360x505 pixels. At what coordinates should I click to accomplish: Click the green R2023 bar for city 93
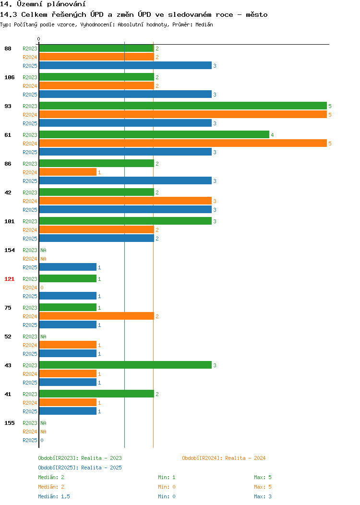pyautogui.click(x=183, y=106)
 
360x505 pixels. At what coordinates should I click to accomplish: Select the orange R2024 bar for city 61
pyautogui.click(x=183, y=144)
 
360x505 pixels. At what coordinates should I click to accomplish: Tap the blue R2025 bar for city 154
pyautogui.click(x=68, y=267)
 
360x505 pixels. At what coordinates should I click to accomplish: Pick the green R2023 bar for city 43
pyautogui.click(x=125, y=365)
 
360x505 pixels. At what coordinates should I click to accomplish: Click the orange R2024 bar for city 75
pyautogui.click(x=96, y=316)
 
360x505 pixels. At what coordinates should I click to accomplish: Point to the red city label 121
pyautogui.click(x=9, y=279)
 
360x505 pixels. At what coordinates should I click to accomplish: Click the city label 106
pyautogui.click(x=9, y=77)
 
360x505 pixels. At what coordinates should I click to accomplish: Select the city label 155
pyautogui.click(x=9, y=423)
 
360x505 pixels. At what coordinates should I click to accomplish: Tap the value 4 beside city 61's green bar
pyautogui.click(x=273, y=135)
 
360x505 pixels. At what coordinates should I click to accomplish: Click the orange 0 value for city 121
pyautogui.click(x=42, y=288)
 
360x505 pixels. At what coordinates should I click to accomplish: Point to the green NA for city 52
pyautogui.click(x=44, y=337)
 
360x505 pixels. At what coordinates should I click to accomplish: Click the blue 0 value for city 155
pyautogui.click(x=42, y=440)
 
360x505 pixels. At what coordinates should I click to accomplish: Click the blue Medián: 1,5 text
pyautogui.click(x=54, y=496)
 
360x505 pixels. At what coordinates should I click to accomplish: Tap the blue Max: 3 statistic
pyautogui.click(x=263, y=496)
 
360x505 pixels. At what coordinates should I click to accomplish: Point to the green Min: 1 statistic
pyautogui.click(x=167, y=477)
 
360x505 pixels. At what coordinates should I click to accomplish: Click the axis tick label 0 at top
pyautogui.click(x=39, y=39)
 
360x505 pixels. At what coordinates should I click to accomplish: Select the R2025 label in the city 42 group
pyautogui.click(x=30, y=210)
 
